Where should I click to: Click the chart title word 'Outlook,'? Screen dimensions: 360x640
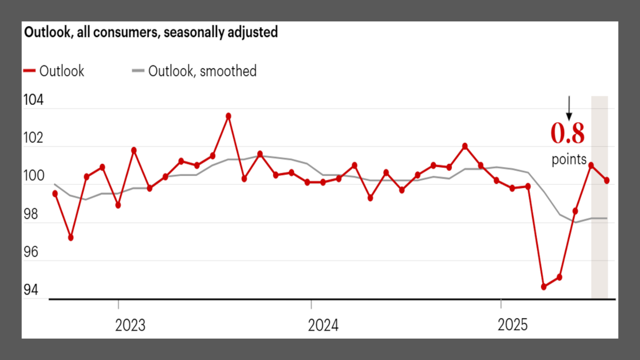(48, 32)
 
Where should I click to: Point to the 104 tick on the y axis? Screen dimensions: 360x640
(33, 100)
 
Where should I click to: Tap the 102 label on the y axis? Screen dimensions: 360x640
(33, 138)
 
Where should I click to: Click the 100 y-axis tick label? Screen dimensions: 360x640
(33, 176)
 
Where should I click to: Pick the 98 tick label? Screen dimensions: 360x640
(31, 214)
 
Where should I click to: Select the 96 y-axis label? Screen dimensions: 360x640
(31, 252)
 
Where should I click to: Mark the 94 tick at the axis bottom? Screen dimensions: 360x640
(31, 290)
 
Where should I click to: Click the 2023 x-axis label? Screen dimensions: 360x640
(130, 325)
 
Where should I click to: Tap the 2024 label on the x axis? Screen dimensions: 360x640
(323, 325)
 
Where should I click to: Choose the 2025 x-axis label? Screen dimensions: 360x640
(512, 325)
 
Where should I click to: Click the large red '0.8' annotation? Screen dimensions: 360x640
(567, 133)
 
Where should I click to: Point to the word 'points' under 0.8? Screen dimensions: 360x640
(569, 160)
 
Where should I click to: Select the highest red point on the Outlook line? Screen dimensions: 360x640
(228, 116)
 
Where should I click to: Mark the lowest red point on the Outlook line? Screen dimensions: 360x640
(544, 287)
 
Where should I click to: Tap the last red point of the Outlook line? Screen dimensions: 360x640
(607, 181)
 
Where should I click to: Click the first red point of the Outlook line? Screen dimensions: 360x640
(55, 194)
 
